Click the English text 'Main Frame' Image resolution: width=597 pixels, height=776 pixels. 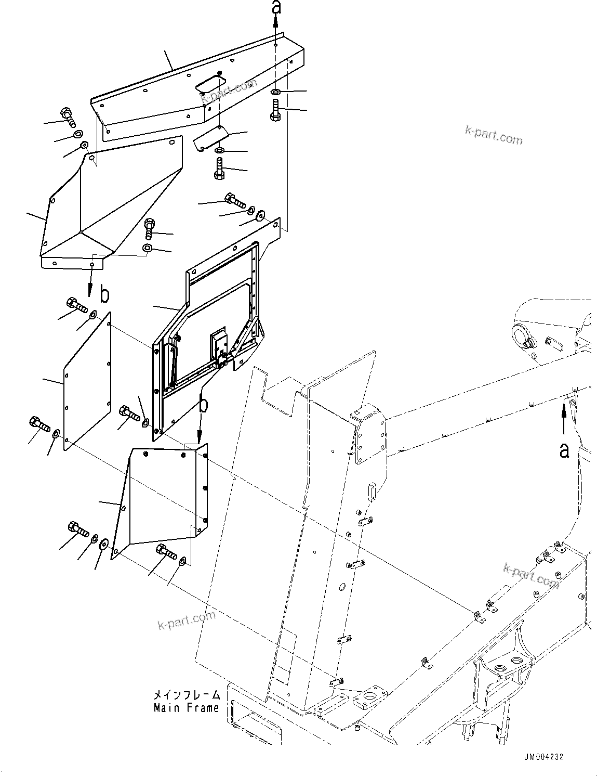(x=186, y=708)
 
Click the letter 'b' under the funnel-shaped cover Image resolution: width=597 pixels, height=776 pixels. (x=104, y=295)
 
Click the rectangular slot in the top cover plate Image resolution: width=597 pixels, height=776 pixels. (x=210, y=83)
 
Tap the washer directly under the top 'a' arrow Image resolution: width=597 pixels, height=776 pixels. (x=276, y=92)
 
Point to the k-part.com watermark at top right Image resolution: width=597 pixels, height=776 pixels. (x=493, y=136)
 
